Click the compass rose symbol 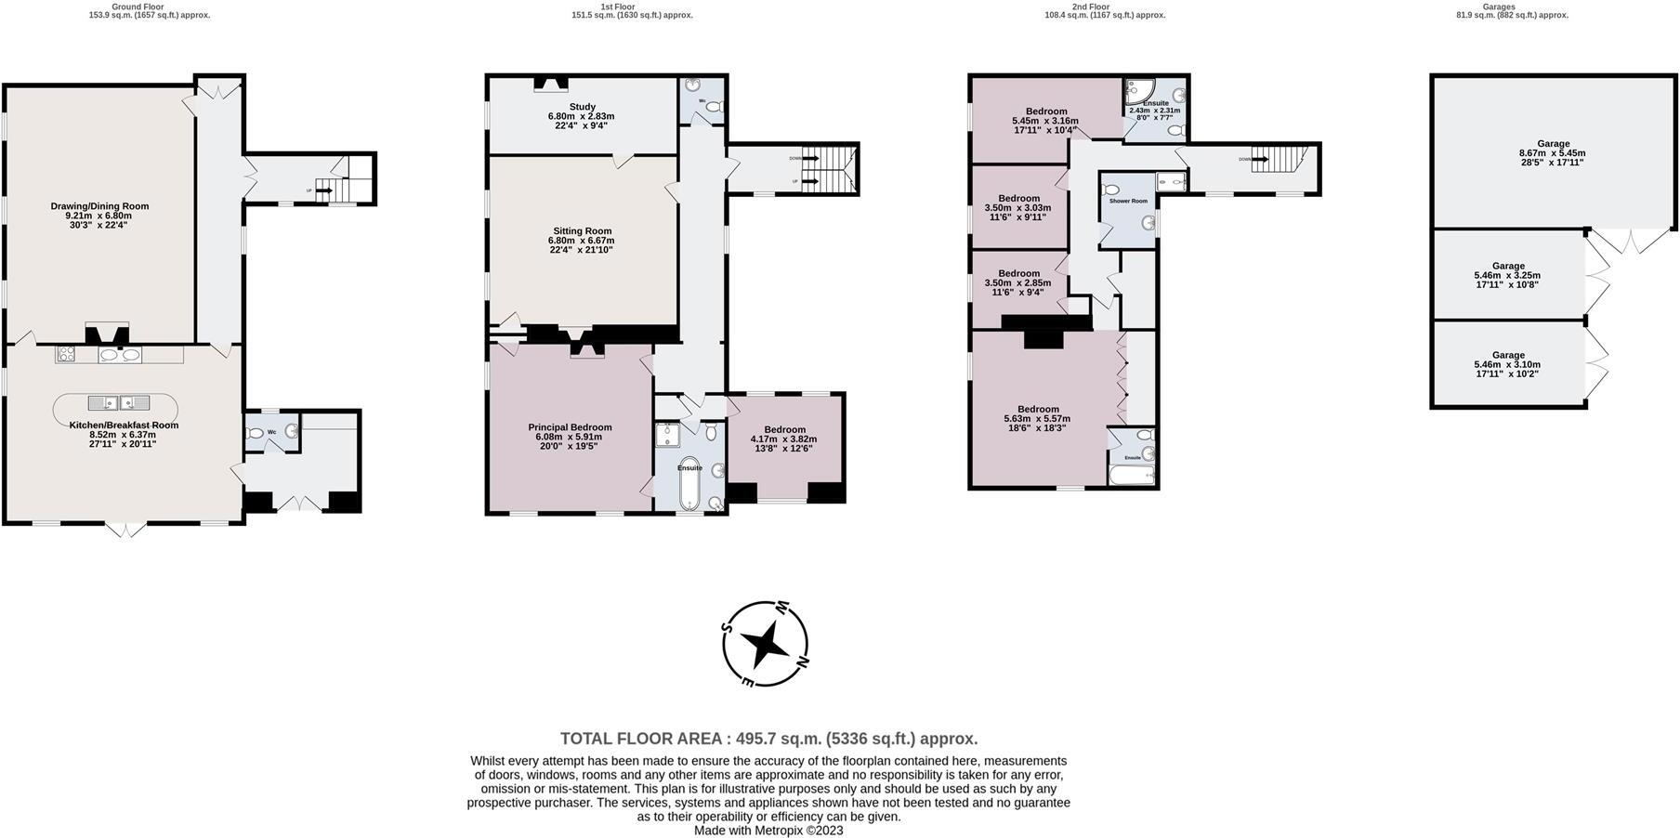(765, 643)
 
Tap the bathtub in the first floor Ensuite (689, 483)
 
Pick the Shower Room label (1128, 201)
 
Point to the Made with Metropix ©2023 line (768, 831)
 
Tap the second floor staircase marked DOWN (1274, 160)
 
